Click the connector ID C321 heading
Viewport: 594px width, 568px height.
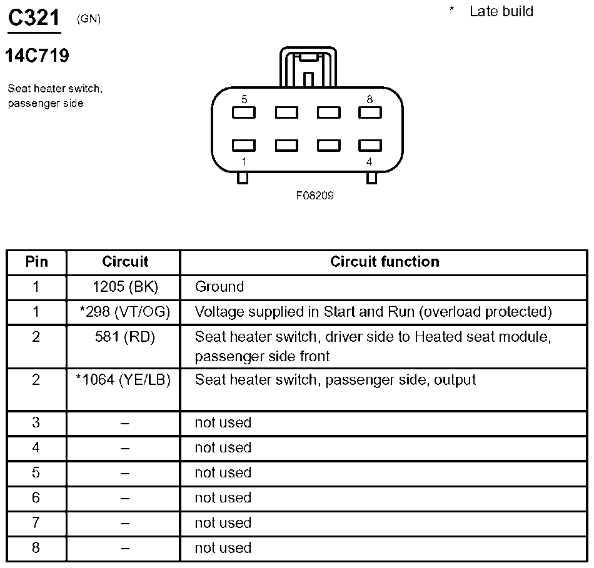34,18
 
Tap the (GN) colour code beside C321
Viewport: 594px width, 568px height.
88,19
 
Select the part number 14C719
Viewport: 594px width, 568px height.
37,56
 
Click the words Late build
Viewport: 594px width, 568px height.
501,11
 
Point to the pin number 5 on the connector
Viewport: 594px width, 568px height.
244,99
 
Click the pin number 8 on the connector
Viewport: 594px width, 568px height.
370,99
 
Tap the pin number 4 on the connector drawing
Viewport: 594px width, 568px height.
370,162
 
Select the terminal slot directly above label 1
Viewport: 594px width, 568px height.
244,146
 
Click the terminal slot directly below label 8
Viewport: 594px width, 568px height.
370,113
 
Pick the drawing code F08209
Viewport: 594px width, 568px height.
315,196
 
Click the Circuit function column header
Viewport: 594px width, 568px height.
385,261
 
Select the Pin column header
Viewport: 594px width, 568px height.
36,261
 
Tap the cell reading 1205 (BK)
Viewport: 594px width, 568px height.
124,287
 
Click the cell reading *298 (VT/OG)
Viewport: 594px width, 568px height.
124,312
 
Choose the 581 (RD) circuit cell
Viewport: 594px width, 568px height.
124,337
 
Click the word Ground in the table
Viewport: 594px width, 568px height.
219,287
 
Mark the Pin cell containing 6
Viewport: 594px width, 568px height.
36,497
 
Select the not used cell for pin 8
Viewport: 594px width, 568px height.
223,547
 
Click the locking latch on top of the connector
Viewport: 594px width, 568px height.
308,67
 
